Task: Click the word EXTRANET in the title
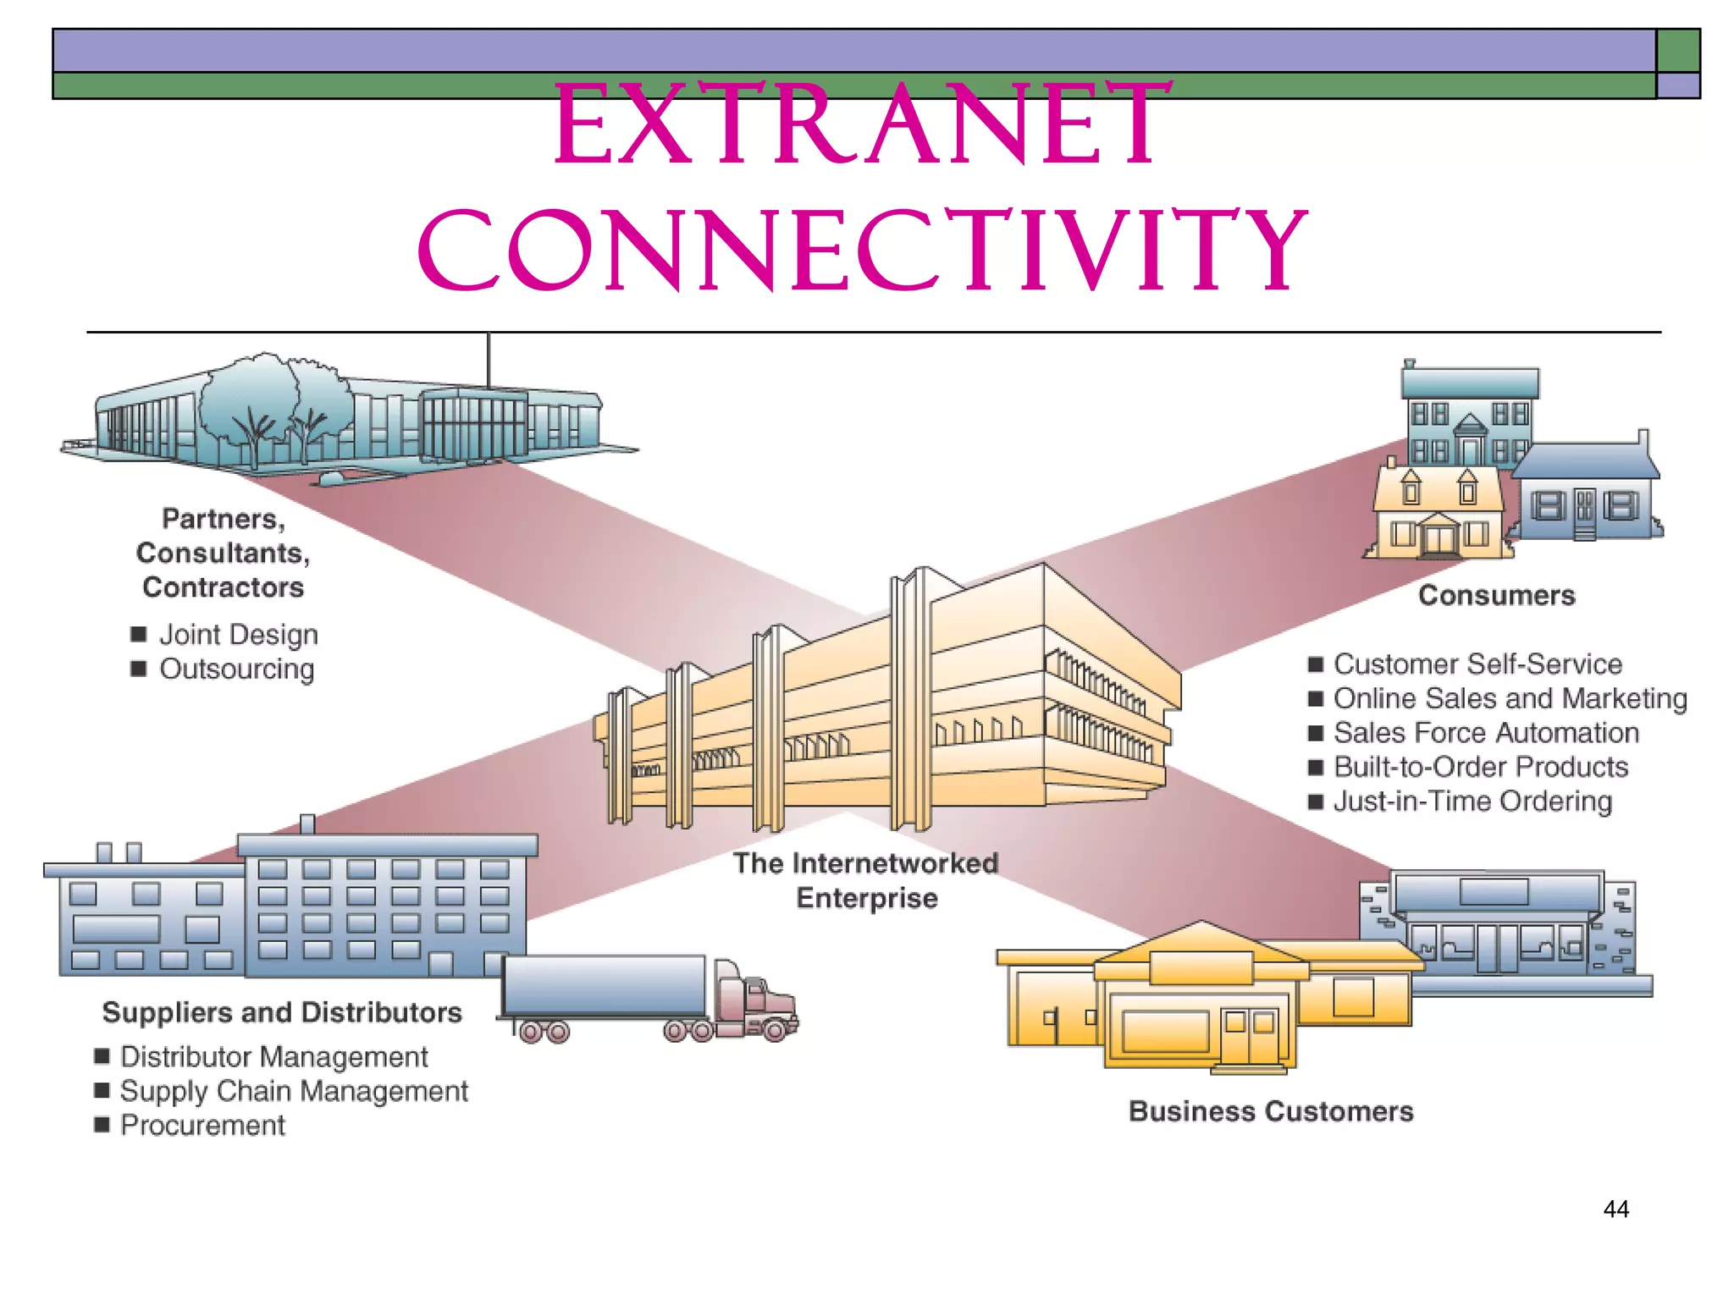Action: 864,125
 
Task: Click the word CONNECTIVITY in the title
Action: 864,252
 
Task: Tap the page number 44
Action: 1615,1209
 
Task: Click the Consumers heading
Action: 1496,596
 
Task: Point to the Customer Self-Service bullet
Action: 1477,664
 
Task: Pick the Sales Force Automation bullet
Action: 1485,733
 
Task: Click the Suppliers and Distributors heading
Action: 282,1013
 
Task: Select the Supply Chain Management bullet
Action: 293,1092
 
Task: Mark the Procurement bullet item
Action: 202,1126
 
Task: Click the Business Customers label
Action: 1271,1111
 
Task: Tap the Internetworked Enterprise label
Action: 866,880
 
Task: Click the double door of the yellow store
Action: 1250,1036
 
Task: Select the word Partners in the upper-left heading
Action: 223,519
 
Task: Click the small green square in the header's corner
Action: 1677,51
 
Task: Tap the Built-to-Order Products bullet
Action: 1480,768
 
